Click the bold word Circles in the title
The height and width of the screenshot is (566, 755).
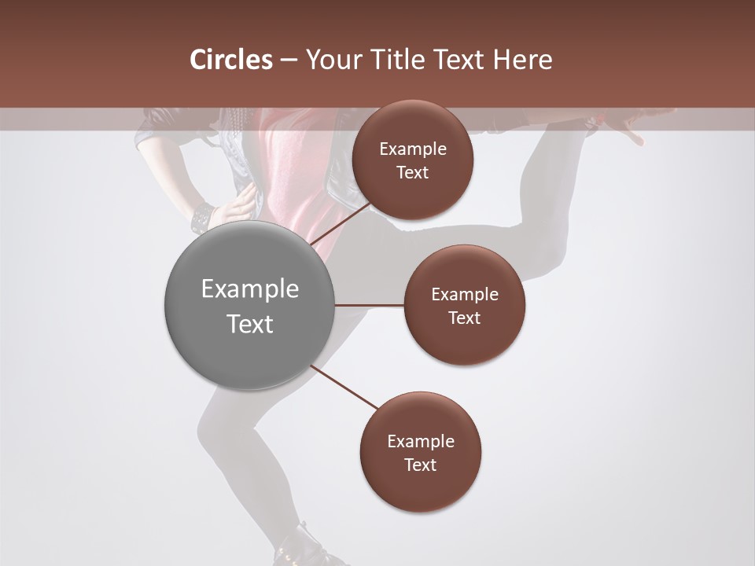tap(230, 60)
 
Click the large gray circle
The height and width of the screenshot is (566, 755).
tap(249, 305)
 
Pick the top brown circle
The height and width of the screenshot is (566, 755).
tap(412, 160)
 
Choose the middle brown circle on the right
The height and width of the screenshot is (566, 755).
tap(464, 305)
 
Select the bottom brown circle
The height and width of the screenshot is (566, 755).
tap(420, 452)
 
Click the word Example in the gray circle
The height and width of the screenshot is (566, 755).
tap(249, 289)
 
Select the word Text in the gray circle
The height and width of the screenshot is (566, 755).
tap(249, 324)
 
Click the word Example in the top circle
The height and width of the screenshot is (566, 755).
tap(412, 149)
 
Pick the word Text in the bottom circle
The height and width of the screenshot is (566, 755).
tap(420, 465)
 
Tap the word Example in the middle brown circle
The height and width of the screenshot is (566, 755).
tap(464, 294)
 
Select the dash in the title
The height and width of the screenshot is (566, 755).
tap(288, 61)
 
